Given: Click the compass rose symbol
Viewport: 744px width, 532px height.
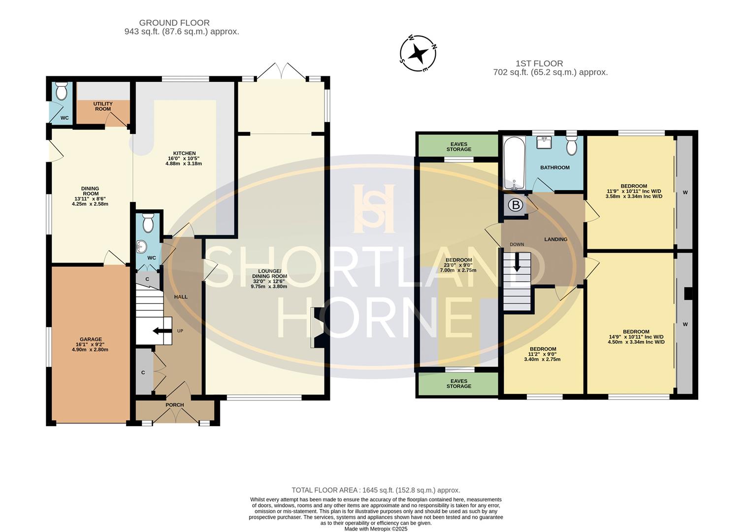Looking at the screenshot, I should [419, 53].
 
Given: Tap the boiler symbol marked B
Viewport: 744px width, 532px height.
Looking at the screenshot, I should [515, 205].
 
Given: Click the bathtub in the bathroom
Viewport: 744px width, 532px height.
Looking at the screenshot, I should [514, 165].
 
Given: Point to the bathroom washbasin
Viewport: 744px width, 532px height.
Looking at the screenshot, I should [545, 142].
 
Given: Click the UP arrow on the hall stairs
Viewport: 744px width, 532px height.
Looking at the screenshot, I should [159, 331].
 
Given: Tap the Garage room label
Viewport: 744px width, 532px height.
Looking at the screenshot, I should [91, 344].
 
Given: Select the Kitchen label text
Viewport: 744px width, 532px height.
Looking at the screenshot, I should [184, 158].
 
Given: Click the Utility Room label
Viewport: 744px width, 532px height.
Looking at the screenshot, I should [103, 106].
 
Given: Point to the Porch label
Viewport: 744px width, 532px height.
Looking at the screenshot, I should [174, 405].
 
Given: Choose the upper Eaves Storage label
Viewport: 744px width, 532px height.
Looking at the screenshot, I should [458, 147].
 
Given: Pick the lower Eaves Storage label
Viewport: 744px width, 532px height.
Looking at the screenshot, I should [458, 383].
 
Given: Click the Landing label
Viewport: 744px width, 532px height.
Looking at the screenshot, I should [555, 239].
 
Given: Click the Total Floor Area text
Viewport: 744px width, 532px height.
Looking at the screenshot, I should [376, 490].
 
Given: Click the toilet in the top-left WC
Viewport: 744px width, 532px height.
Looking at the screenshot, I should [62, 91].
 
